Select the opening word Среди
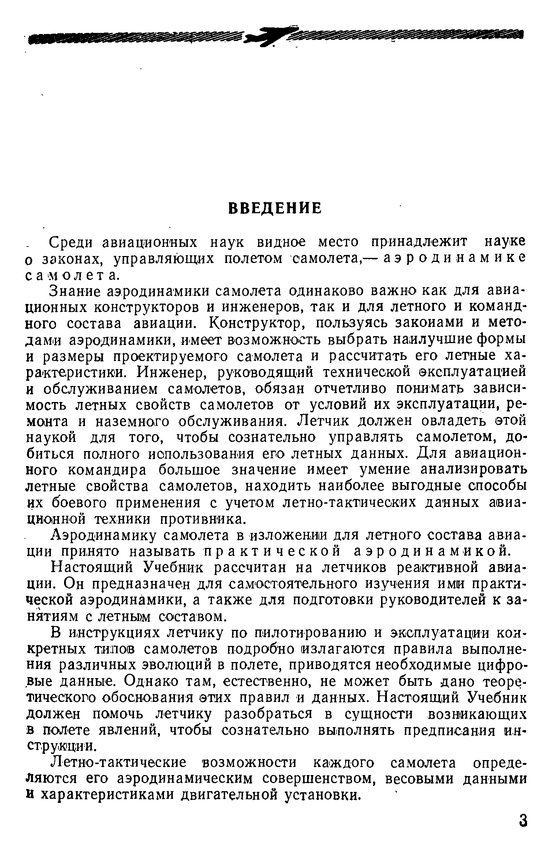72,243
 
